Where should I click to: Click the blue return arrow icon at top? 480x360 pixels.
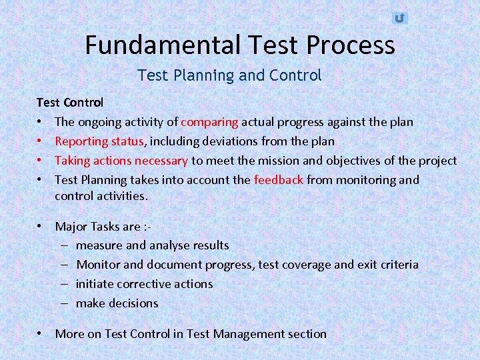pos(399,18)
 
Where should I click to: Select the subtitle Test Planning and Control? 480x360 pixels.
pos(229,75)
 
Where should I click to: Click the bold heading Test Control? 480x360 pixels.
pos(69,103)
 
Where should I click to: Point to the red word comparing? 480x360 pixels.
pos(209,122)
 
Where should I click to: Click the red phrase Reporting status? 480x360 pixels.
pos(99,141)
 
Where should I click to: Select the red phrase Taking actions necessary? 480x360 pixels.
pos(121,161)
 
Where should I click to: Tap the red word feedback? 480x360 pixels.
pos(279,179)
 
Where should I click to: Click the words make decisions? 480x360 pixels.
pos(117,303)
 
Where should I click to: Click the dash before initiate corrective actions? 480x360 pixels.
pos(67,284)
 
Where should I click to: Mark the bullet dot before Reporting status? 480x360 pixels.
pos(41,141)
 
